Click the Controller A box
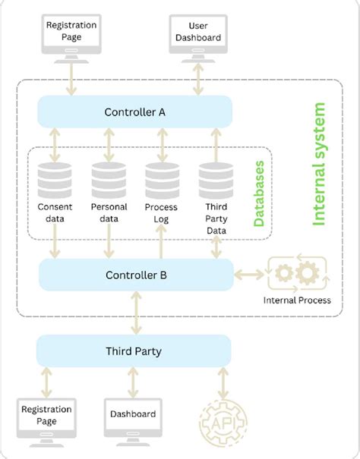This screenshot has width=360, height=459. [x=134, y=113]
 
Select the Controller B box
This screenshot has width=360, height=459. [x=136, y=275]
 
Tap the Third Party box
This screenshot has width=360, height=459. [x=134, y=351]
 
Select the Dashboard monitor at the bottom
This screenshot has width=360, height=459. [x=134, y=417]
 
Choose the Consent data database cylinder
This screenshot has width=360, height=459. [x=55, y=181]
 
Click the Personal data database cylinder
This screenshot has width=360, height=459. [x=109, y=181]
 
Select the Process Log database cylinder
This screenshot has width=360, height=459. [x=162, y=181]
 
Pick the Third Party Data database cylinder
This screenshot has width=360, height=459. [x=216, y=181]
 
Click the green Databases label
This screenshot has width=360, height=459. [x=259, y=193]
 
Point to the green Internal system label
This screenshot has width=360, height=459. [x=319, y=165]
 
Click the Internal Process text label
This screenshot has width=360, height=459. [x=297, y=300]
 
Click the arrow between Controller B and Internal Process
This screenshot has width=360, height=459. [x=249, y=274]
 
